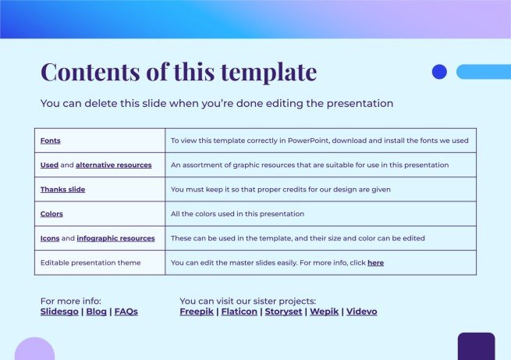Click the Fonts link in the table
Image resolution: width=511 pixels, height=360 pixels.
[x=51, y=141]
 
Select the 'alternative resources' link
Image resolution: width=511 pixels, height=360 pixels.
[x=114, y=166]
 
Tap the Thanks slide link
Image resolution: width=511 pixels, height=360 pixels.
[x=62, y=190]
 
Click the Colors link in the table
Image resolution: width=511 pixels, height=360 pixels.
[x=51, y=214]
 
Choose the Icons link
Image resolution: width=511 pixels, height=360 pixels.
[x=50, y=238]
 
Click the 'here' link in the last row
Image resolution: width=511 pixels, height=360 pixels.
[x=375, y=263]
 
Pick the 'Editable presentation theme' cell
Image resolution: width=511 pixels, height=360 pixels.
[x=90, y=263]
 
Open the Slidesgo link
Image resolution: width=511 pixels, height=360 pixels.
[x=59, y=312]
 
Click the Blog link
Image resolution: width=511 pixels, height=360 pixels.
[x=97, y=312]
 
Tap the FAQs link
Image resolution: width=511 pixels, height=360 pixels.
[x=126, y=312]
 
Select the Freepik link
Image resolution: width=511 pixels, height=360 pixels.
[x=197, y=312]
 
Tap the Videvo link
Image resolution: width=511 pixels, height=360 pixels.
[x=361, y=312]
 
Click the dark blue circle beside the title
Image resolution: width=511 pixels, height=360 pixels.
[x=439, y=72]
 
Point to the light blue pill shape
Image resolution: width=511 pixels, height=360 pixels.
[x=483, y=72]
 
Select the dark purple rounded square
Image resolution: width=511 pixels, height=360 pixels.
[x=476, y=346]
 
